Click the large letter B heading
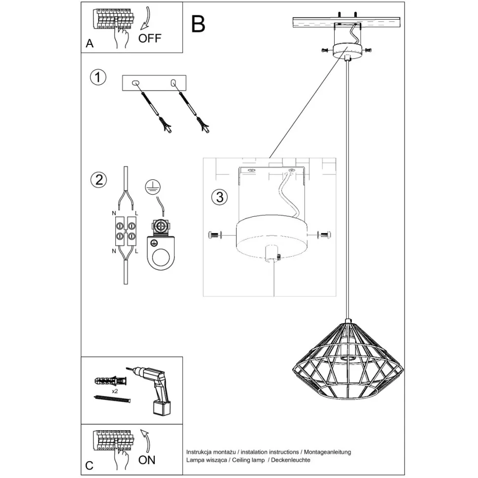[198, 23]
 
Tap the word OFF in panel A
[149, 38]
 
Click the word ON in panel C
[147, 460]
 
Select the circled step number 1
[99, 77]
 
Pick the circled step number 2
[99, 179]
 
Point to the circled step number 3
[220, 197]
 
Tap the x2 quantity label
[114, 391]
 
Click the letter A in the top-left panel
[89, 43]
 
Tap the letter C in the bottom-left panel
[89, 465]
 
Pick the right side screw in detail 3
[325, 235]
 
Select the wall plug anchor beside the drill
[111, 381]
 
